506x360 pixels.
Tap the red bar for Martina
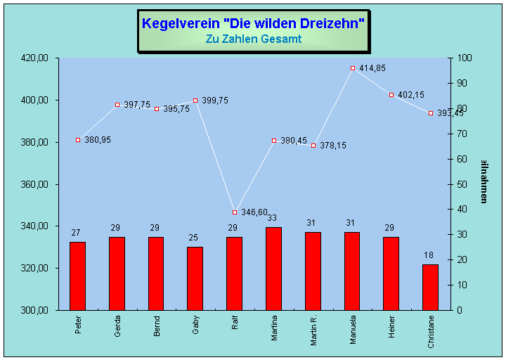tap(273, 268)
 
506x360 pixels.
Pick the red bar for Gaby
tap(195, 278)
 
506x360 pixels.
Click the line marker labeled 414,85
tap(353, 68)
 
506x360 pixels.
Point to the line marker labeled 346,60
tap(235, 212)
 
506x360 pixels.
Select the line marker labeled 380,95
tap(78, 140)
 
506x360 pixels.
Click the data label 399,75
tap(214, 101)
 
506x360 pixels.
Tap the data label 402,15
tap(411, 95)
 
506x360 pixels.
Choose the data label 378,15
tap(332, 146)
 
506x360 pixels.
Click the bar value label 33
tap(273, 218)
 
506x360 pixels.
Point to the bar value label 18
tap(430, 255)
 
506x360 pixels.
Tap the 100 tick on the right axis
tap(465, 58)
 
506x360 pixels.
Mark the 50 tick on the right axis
tap(462, 184)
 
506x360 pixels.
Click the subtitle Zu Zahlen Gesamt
tap(253, 39)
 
